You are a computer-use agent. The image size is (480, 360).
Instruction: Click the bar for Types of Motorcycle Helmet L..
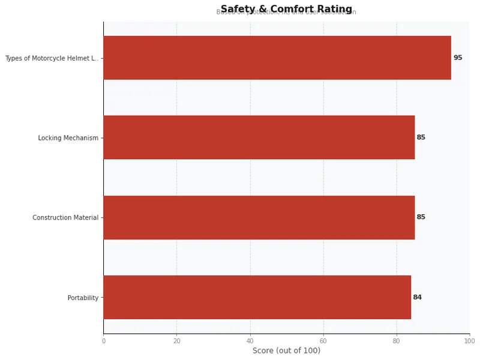277,58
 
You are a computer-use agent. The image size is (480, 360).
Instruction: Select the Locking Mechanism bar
259,137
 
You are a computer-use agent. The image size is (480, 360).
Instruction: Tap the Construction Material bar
259,217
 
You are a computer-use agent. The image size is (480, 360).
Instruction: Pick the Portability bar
257,297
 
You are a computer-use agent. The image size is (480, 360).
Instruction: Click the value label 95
458,58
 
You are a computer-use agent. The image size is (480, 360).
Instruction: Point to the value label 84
417,297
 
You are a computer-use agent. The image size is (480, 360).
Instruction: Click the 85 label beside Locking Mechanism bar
421,137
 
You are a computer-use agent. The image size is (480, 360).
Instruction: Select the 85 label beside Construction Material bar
421,217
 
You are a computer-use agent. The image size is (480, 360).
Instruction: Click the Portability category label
83,298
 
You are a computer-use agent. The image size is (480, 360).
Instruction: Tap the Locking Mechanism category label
68,138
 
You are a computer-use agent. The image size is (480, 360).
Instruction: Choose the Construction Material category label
65,218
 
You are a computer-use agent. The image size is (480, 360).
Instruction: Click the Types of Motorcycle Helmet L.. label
52,58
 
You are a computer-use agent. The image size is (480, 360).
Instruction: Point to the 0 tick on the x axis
103,341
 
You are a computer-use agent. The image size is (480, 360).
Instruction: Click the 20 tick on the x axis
176,341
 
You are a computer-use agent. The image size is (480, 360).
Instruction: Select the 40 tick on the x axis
250,341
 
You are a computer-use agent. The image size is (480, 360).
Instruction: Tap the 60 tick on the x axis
323,341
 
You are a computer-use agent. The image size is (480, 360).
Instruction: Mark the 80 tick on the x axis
396,341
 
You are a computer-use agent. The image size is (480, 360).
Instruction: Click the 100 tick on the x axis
469,341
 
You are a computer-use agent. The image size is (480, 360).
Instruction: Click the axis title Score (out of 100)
286,350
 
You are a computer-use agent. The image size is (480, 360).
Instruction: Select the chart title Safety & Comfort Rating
286,9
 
